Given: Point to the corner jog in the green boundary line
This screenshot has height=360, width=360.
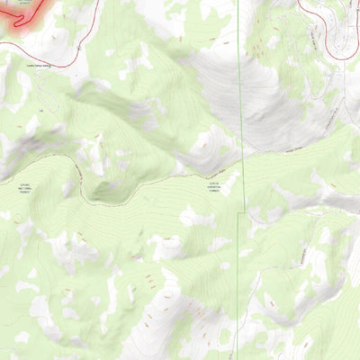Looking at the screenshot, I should pos(239,215).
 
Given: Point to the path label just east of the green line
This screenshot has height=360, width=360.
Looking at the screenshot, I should pos(269,153).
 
